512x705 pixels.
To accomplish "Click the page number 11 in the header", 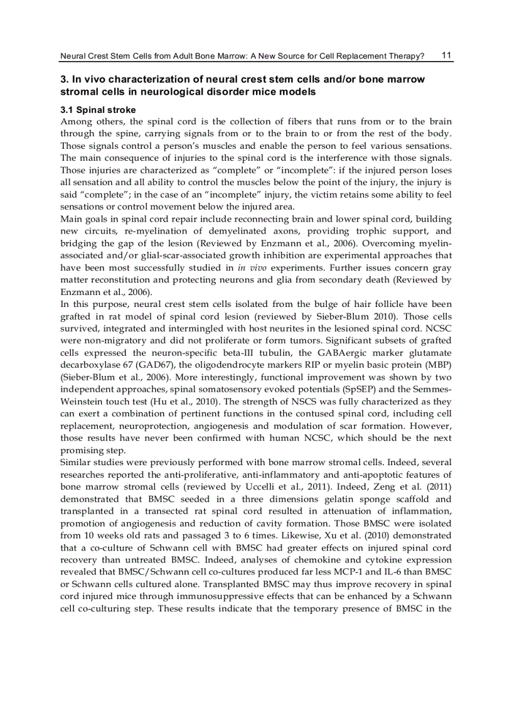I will (446, 55).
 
